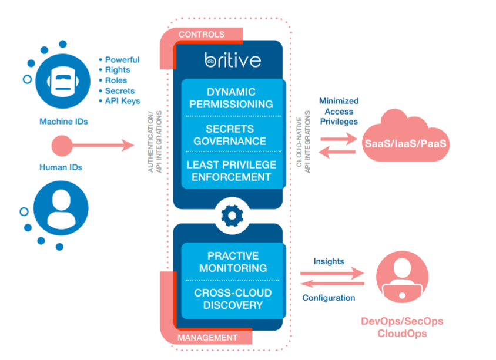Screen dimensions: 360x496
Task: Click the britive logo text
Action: pos(233,60)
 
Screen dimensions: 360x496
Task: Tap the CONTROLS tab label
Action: pos(202,34)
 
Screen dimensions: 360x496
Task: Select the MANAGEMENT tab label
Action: pos(207,338)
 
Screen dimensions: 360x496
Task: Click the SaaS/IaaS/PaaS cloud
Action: pos(405,142)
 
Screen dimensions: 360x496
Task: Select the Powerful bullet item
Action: pos(122,59)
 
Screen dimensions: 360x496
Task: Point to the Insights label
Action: pos(329,261)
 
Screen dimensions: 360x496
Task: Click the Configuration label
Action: pos(329,298)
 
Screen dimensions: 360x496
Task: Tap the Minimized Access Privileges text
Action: pos(339,111)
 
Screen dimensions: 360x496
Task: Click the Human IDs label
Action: pos(61,167)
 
